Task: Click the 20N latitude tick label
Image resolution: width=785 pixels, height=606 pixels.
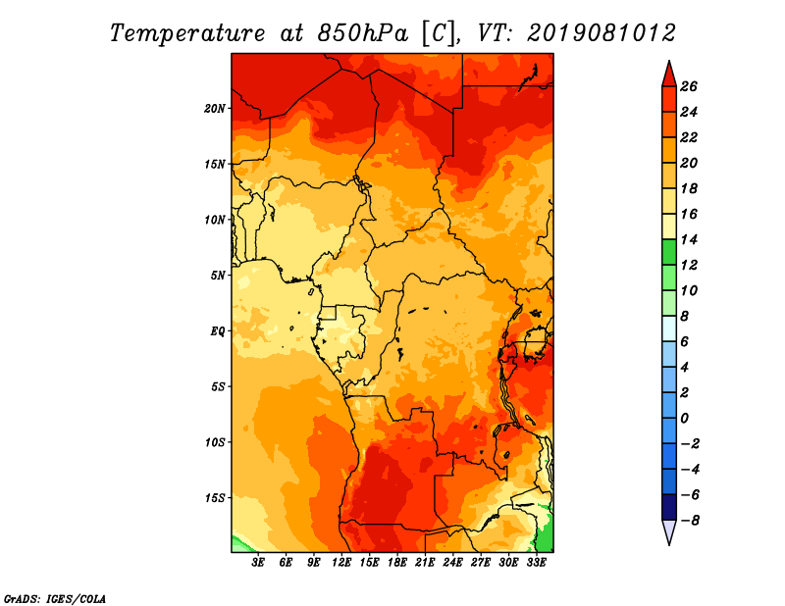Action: pos(215,109)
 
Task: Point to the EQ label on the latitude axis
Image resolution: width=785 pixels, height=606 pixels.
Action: pos(218,331)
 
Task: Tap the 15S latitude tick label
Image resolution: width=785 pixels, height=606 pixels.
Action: pos(215,498)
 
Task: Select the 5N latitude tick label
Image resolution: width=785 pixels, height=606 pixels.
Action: pos(218,276)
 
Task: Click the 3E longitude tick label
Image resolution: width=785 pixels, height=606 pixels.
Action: pos(258,562)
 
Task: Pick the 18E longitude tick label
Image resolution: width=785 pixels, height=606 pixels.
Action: pos(397,562)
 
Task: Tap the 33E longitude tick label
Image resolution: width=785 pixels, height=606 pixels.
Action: pos(536,562)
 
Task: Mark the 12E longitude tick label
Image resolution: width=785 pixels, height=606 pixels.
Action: pos(341,562)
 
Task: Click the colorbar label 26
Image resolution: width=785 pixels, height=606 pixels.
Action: pos(689,86)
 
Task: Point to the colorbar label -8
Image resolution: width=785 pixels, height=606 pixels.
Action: pos(690,521)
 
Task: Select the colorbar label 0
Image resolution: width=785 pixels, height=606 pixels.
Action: pos(685,419)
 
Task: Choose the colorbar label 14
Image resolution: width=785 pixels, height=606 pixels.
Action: pos(689,239)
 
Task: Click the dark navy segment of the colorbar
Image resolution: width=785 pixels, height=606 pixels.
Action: pos(669,507)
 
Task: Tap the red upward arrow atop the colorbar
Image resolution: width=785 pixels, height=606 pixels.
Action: pos(669,76)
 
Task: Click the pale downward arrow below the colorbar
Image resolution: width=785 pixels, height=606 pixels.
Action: pos(669,531)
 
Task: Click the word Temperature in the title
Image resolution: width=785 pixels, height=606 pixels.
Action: pos(187,33)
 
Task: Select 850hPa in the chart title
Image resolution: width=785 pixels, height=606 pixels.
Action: pos(363,33)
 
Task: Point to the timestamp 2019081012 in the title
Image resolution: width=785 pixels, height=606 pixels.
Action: pos(602,33)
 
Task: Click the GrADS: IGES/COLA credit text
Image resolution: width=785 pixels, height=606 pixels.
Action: pos(55,599)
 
